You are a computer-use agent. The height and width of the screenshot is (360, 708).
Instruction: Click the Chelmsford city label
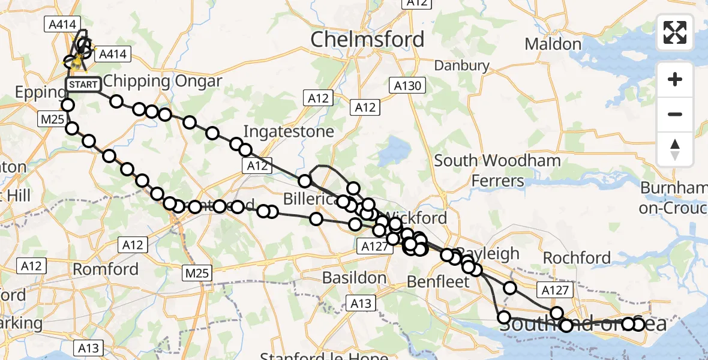(x=367, y=40)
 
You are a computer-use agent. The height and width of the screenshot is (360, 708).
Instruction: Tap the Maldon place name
(x=553, y=44)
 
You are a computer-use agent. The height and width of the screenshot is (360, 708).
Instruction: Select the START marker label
(x=83, y=85)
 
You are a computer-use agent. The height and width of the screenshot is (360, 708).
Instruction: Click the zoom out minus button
(x=675, y=114)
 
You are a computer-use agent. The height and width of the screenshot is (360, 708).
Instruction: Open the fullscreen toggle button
(x=675, y=32)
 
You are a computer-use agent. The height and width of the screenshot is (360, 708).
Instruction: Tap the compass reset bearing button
(x=675, y=148)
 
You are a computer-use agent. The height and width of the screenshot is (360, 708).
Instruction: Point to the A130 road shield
(x=408, y=85)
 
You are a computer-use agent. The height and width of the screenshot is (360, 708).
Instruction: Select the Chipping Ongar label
(x=163, y=81)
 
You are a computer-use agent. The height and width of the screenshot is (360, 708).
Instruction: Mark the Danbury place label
(x=462, y=65)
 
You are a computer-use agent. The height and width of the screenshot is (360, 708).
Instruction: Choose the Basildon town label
(x=354, y=278)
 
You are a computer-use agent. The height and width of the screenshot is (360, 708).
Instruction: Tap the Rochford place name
(x=577, y=258)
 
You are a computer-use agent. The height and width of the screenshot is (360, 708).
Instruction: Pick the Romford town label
(x=106, y=269)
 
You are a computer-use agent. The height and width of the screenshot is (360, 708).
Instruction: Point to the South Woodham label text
(x=497, y=161)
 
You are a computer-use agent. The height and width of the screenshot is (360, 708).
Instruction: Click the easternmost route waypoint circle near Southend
(x=638, y=325)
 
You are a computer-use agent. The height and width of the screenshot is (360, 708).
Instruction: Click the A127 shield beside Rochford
(x=556, y=290)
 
